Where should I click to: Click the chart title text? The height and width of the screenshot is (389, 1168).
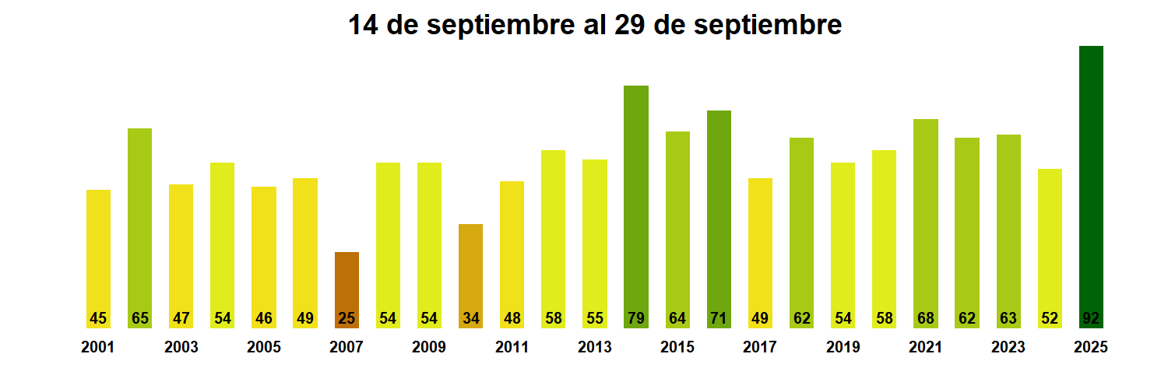coord(594,25)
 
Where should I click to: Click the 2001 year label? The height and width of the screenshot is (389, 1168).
coord(98,348)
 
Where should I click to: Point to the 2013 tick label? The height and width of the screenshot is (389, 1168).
coord(595,348)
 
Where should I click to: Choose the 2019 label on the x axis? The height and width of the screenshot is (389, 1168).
coord(843,348)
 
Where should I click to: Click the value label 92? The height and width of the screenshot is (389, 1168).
coord(1091,318)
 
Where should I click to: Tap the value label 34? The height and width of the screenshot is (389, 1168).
coord(470,318)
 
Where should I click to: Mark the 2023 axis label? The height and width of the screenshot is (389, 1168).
coord(1008,348)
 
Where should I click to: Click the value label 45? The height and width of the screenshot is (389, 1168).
coord(98,318)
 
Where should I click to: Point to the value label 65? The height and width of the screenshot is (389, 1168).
coord(140,318)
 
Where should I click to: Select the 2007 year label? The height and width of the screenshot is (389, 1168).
coord(347,348)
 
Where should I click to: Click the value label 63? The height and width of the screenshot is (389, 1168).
coord(1008,318)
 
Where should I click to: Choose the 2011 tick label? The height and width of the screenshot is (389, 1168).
coord(512,348)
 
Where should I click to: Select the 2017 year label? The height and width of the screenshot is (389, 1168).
coord(760,348)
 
